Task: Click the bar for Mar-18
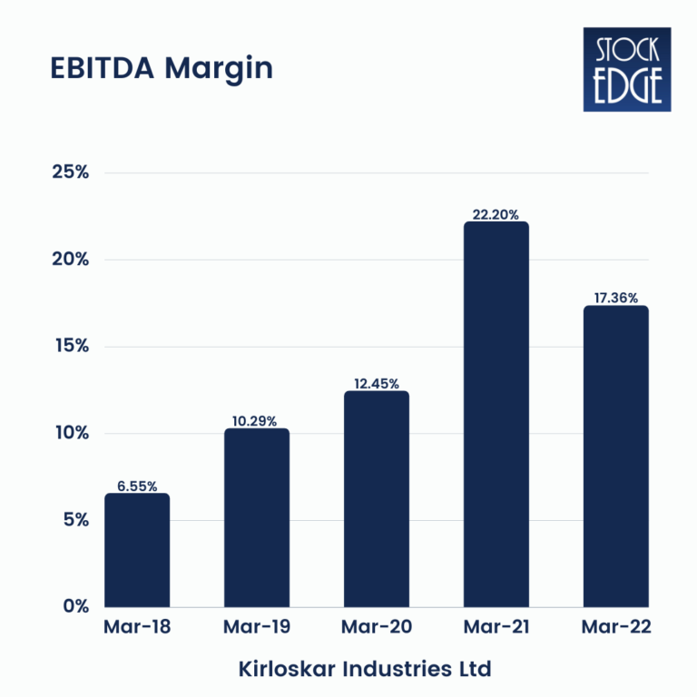coord(137,550)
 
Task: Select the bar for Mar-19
coord(257,517)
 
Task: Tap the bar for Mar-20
coord(377,499)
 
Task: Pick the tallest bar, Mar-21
coord(496,414)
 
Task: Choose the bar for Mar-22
coord(615,456)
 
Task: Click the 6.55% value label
coord(137,486)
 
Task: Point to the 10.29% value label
coord(257,421)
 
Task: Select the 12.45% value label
coord(377,384)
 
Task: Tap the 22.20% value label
coord(496,215)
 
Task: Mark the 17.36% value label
coord(615,298)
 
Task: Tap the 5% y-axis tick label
coord(74,520)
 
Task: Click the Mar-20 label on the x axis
coord(377,627)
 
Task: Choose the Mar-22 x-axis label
coord(615,627)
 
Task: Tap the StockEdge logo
coord(626,69)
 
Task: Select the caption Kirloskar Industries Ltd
coord(365,670)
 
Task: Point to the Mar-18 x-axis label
coord(137,627)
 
